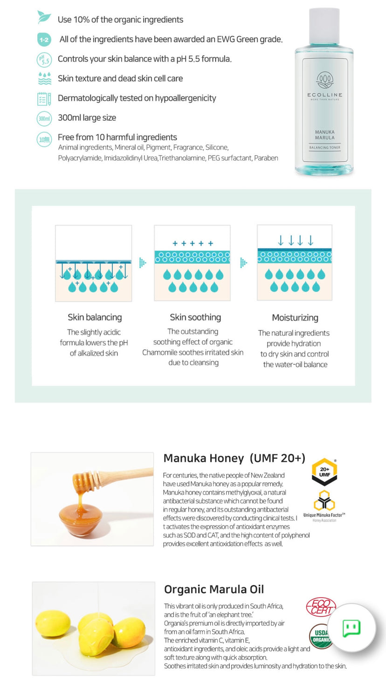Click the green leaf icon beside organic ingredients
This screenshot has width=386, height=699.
coord(44,18)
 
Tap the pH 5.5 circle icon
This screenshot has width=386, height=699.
coord(44,59)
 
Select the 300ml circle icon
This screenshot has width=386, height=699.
coord(44,118)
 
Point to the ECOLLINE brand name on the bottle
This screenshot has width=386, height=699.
coord(324,95)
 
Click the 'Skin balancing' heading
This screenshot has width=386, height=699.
coord(95,317)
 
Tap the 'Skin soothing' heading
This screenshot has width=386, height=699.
coord(195,317)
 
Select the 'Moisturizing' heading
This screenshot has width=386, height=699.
coord(295,318)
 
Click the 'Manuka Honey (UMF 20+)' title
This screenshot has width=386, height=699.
coord(234,458)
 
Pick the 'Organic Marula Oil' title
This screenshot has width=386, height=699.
coord(214,589)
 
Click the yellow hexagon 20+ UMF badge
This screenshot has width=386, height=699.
coord(324,472)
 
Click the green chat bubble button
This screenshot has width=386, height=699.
coord(352,628)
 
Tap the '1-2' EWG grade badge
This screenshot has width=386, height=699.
coord(44,40)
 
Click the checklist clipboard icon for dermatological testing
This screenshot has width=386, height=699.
coord(44,99)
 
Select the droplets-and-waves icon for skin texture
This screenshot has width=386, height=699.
coord(44,78)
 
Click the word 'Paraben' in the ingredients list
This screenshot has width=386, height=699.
coord(266,158)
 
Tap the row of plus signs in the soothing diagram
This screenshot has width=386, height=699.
coord(193,243)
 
